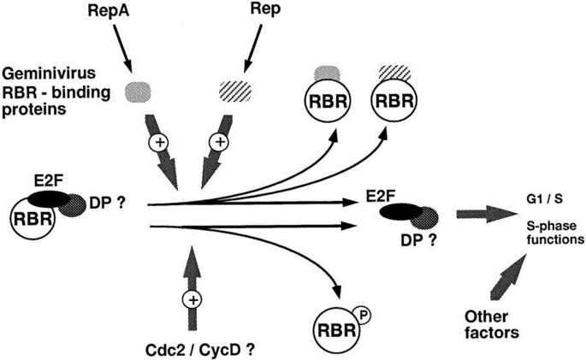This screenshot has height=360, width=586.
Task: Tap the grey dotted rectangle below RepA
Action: pyautogui.click(x=142, y=90)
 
